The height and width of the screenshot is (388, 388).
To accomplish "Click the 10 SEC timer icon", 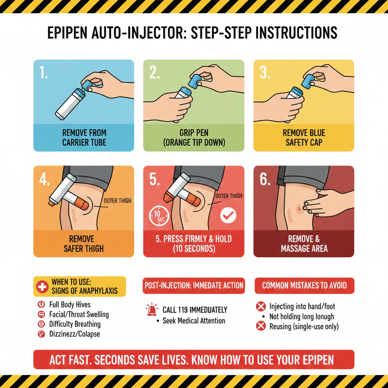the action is click(159, 216).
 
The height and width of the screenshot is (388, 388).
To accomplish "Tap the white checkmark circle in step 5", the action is click(228, 215).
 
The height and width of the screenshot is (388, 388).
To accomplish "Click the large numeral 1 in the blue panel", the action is click(44, 72).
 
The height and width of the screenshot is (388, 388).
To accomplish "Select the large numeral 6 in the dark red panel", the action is click(265, 179).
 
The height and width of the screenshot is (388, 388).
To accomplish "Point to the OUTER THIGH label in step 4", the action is click(117, 201).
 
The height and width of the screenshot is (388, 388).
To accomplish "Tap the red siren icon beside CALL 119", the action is click(152, 310).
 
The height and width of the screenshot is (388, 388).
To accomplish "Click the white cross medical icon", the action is click(42, 287).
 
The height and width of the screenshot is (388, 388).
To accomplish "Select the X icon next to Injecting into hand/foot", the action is click(261, 306).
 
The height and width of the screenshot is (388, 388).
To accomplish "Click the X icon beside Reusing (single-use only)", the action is click(261, 326).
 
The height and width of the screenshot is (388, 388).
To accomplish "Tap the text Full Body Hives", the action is click(70, 305).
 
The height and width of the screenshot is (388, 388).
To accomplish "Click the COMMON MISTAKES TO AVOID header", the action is click(304, 286).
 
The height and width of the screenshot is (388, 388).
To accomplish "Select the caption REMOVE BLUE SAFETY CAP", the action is click(304, 138).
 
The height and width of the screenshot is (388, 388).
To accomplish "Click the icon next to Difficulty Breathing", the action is click(41, 324).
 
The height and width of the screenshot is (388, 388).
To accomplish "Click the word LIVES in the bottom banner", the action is click(173, 360).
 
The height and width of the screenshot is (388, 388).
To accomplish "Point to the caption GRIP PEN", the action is click(194, 133).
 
